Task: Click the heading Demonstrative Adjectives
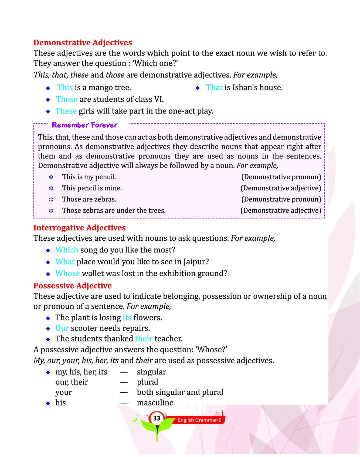tap(83, 43)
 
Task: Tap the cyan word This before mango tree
tap(65, 87)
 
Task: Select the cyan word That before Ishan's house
tap(214, 87)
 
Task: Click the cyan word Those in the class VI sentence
tap(67, 99)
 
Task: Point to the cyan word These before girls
tap(66, 111)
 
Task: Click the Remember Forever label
tap(84, 125)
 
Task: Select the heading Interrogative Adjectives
tap(79, 228)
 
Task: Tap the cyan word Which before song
tap(67, 250)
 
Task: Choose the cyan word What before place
tap(65, 262)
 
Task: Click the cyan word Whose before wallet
tap(67, 273)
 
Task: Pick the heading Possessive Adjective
tap(72, 285)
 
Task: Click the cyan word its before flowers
tap(127, 318)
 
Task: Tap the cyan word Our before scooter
tap(62, 328)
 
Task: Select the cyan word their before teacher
tap(144, 339)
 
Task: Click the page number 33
tap(157, 418)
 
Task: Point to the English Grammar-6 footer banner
tap(199, 420)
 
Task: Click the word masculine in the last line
tap(155, 403)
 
